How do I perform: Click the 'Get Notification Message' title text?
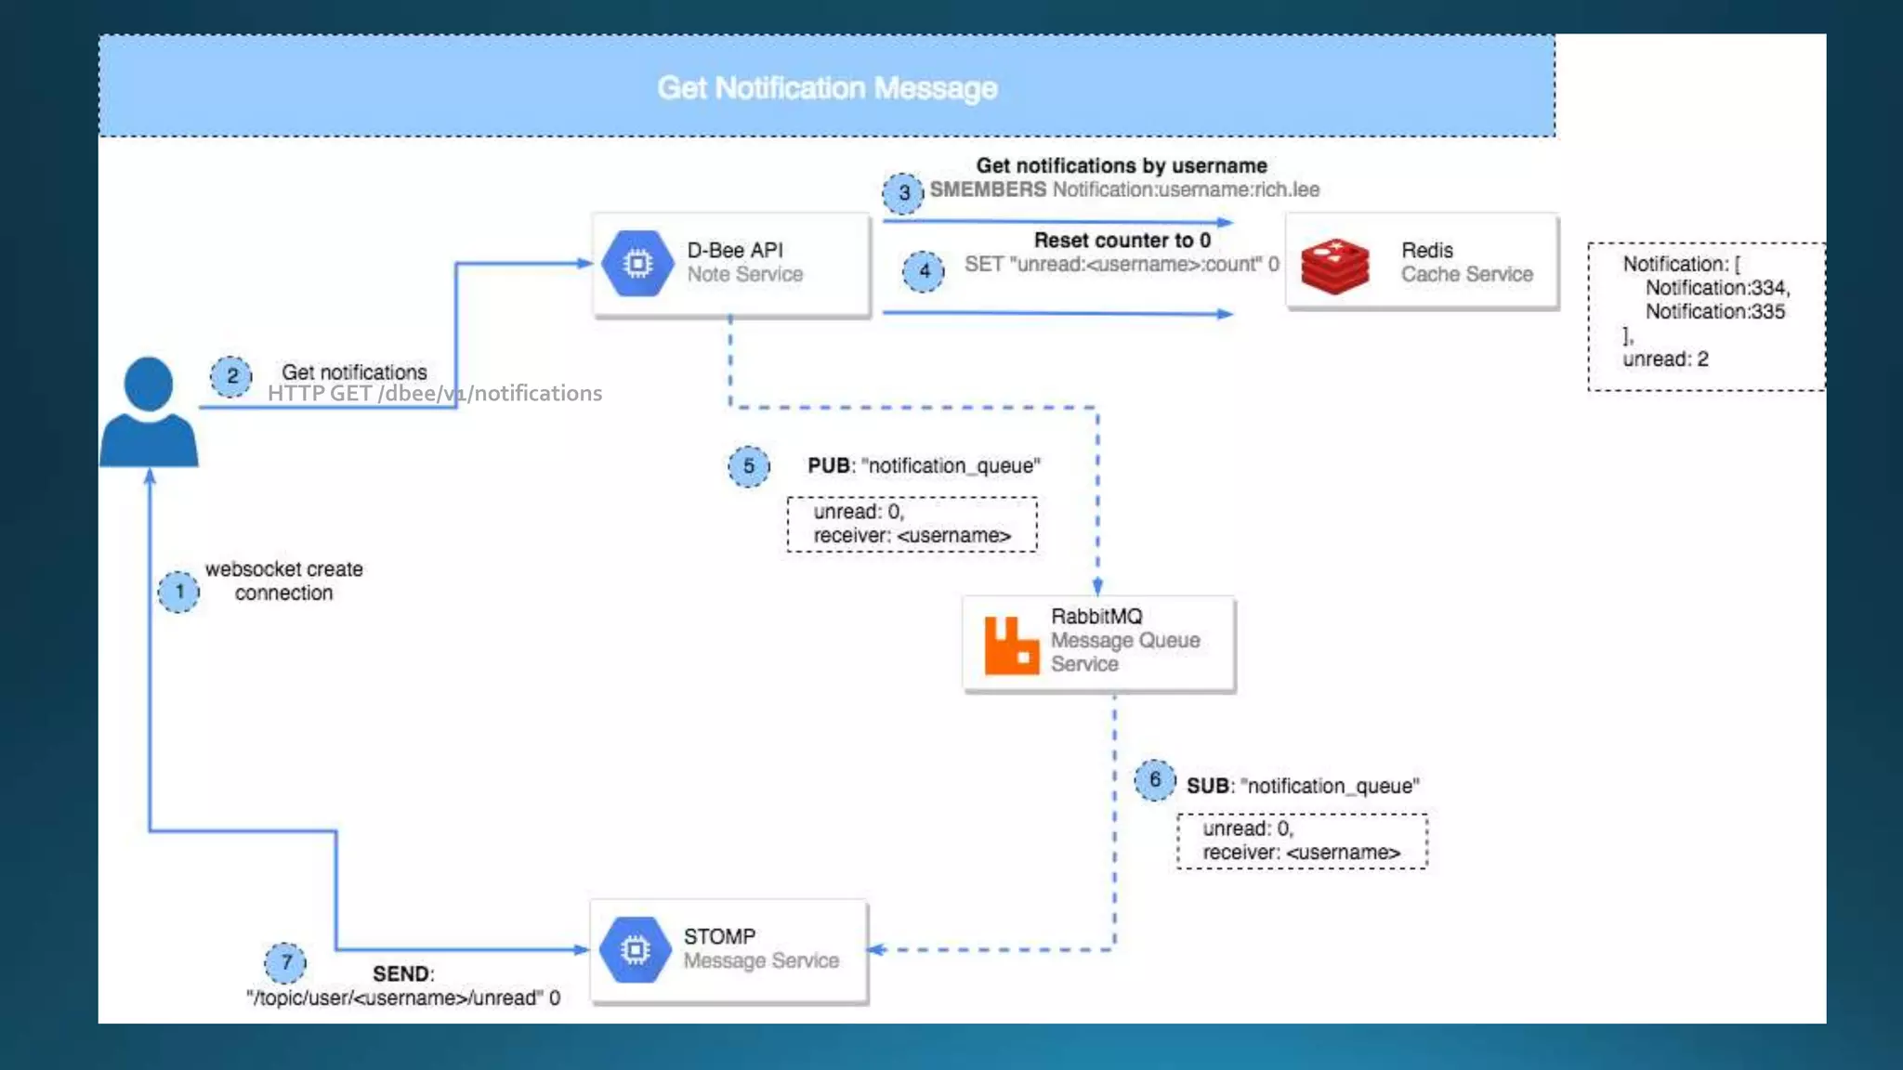(827, 88)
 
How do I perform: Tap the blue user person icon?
(149, 412)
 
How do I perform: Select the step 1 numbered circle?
(178, 592)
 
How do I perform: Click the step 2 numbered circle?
(231, 376)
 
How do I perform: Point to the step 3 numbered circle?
(903, 193)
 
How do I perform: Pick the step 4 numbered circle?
(924, 271)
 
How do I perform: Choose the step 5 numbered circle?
(749, 466)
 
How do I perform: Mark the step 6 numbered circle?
(1155, 779)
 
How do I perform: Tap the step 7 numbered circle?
(285, 963)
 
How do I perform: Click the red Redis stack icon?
(1335, 267)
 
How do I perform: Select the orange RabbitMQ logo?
(1011, 645)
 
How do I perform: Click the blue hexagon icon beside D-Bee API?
(637, 264)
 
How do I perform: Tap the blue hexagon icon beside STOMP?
(636, 950)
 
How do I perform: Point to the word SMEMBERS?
(988, 189)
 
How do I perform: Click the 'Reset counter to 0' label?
(1122, 241)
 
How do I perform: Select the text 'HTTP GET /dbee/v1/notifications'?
(435, 394)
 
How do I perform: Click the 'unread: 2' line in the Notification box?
(1665, 359)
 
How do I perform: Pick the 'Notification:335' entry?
(1715, 312)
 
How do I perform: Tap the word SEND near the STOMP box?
(402, 973)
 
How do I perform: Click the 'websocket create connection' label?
(283, 581)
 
